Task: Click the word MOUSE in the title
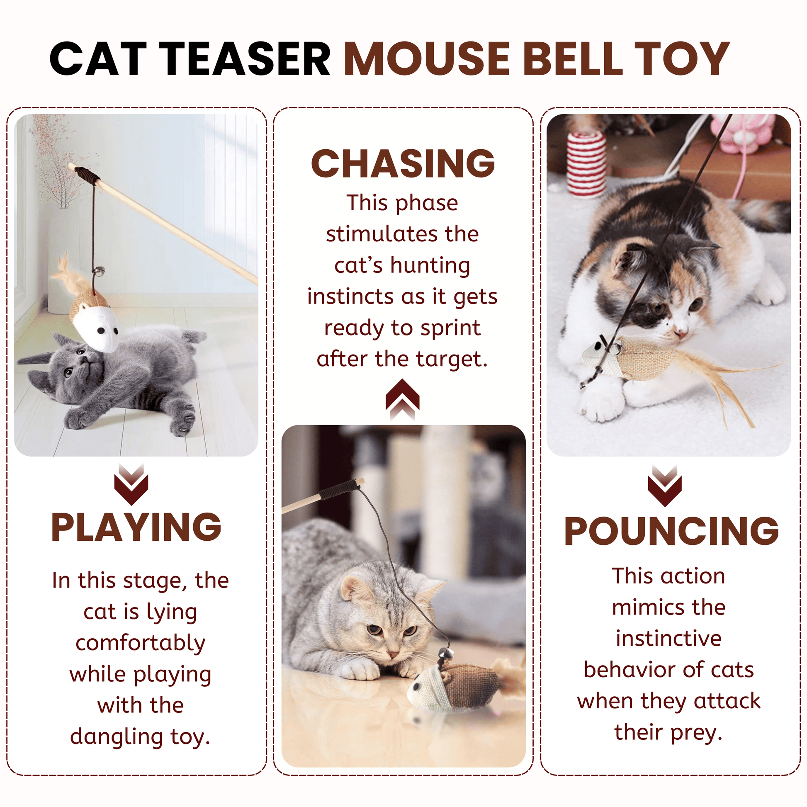426,58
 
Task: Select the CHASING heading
403,163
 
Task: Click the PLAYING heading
136,527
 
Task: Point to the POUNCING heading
671,531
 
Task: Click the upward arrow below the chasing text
402,399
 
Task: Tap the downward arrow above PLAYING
131,484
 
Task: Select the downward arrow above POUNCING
665,486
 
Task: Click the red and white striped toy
586,164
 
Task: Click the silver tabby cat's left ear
355,588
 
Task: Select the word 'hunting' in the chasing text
430,266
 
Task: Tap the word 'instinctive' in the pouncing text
669,638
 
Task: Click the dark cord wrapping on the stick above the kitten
88,173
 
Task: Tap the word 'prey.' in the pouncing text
697,734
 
